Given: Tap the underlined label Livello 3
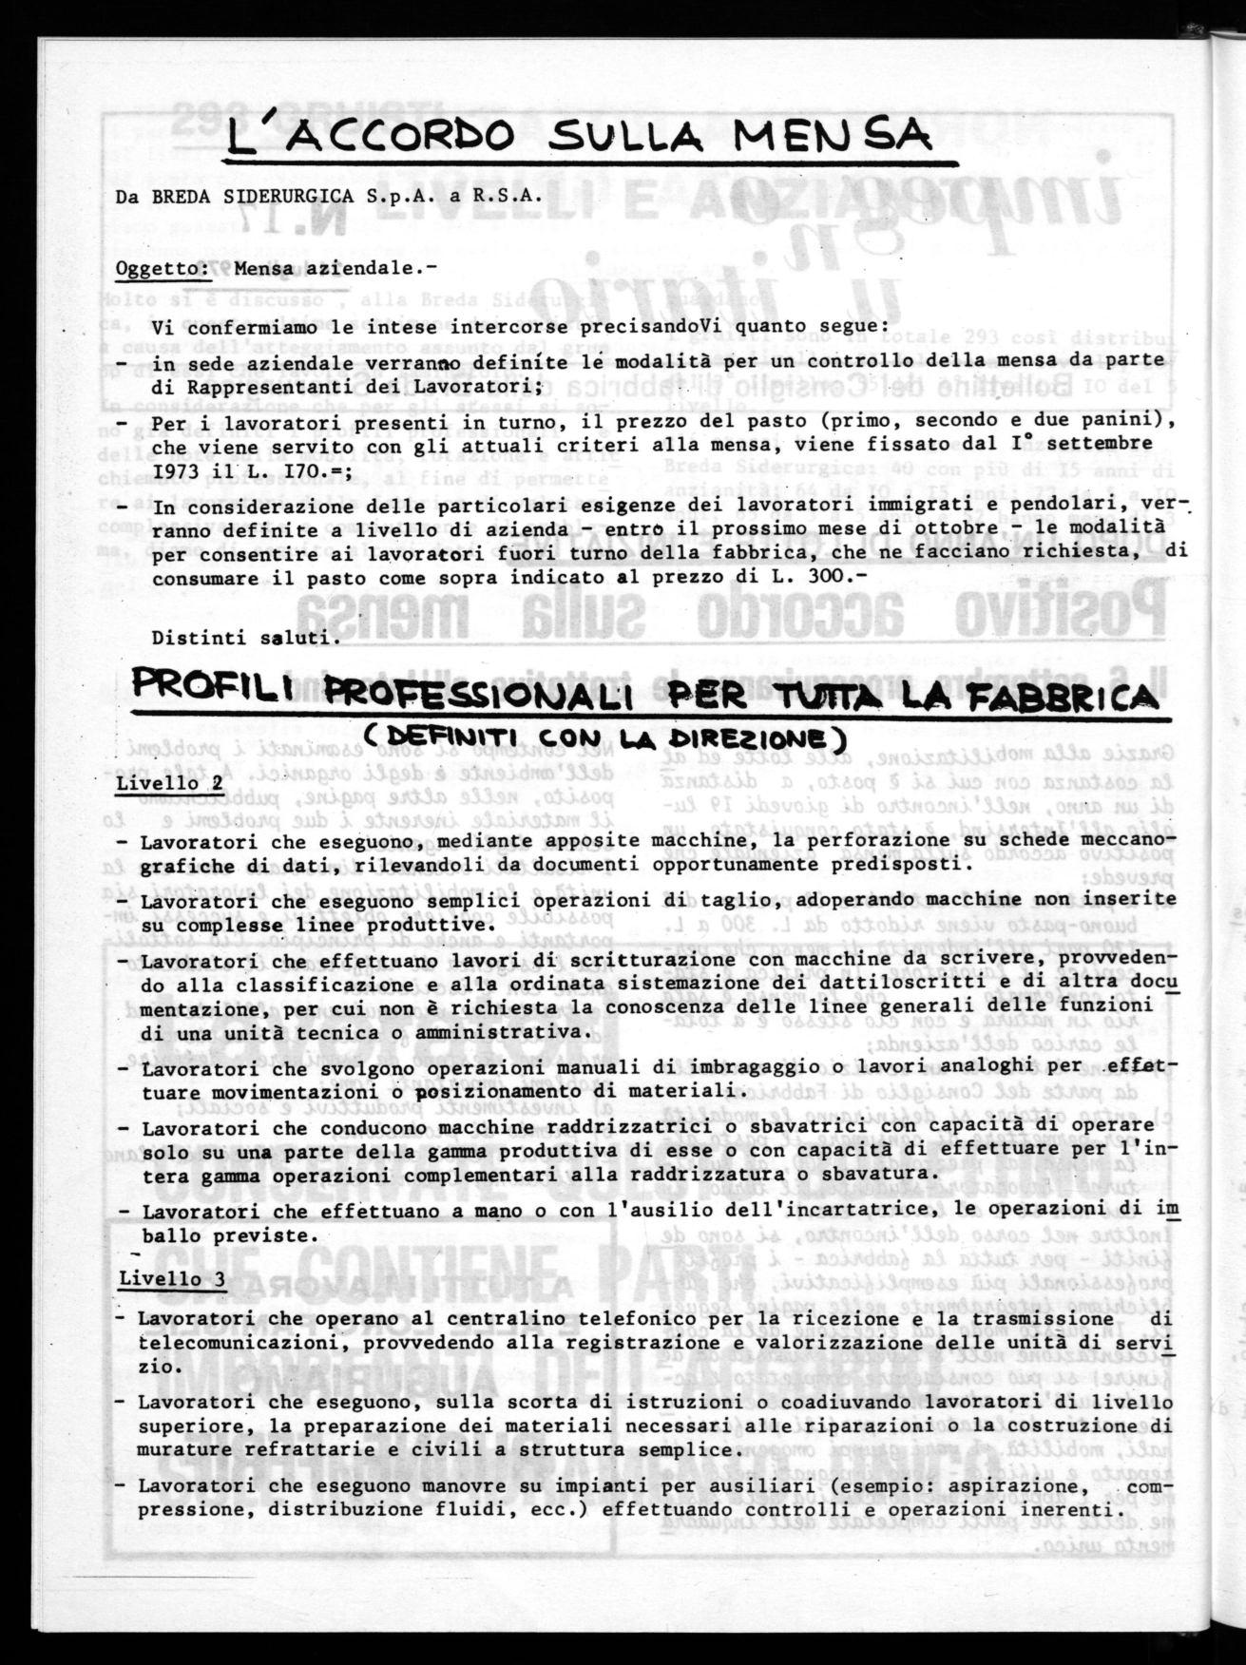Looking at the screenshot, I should pyautogui.click(x=172, y=1278).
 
